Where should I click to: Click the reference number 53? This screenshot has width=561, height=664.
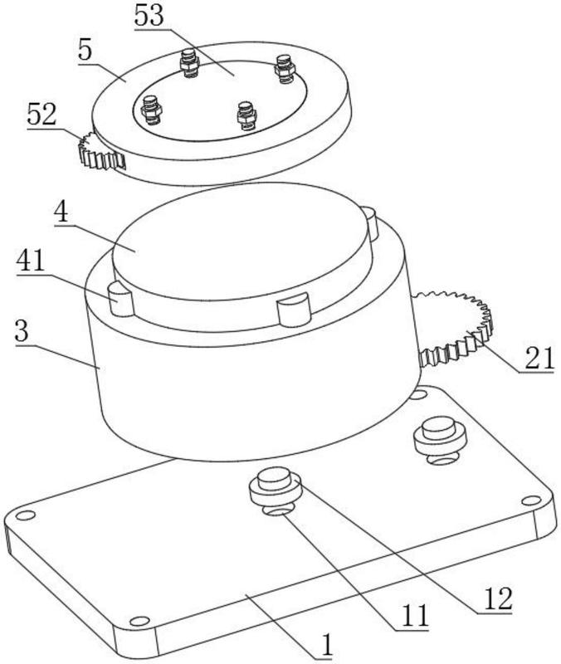tap(149, 16)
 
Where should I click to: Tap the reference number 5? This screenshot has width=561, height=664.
tap(85, 51)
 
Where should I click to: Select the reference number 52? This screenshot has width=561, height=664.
tap(42, 115)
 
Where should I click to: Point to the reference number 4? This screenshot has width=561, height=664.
tap(61, 212)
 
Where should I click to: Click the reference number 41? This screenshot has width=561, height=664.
tap(31, 261)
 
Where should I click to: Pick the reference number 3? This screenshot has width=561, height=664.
tap(22, 331)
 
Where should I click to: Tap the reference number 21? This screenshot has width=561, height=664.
tap(539, 359)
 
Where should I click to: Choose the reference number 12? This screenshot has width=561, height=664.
tap(498, 598)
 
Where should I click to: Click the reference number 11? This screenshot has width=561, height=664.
tap(415, 616)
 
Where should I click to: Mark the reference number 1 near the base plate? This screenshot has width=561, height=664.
tap(326, 646)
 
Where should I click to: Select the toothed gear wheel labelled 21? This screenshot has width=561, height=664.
tap(456, 328)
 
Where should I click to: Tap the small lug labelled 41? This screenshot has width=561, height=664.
tap(121, 300)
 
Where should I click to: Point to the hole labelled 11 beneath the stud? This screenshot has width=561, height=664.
tap(277, 511)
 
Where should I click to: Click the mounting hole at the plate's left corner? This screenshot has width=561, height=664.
tap(25, 515)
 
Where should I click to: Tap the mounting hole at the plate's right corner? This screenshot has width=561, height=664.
tap(531, 501)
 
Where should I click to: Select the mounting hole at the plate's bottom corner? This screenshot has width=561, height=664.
tap(139, 621)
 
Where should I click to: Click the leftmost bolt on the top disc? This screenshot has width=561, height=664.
tap(151, 110)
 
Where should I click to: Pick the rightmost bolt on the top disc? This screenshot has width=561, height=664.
tap(284, 68)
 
